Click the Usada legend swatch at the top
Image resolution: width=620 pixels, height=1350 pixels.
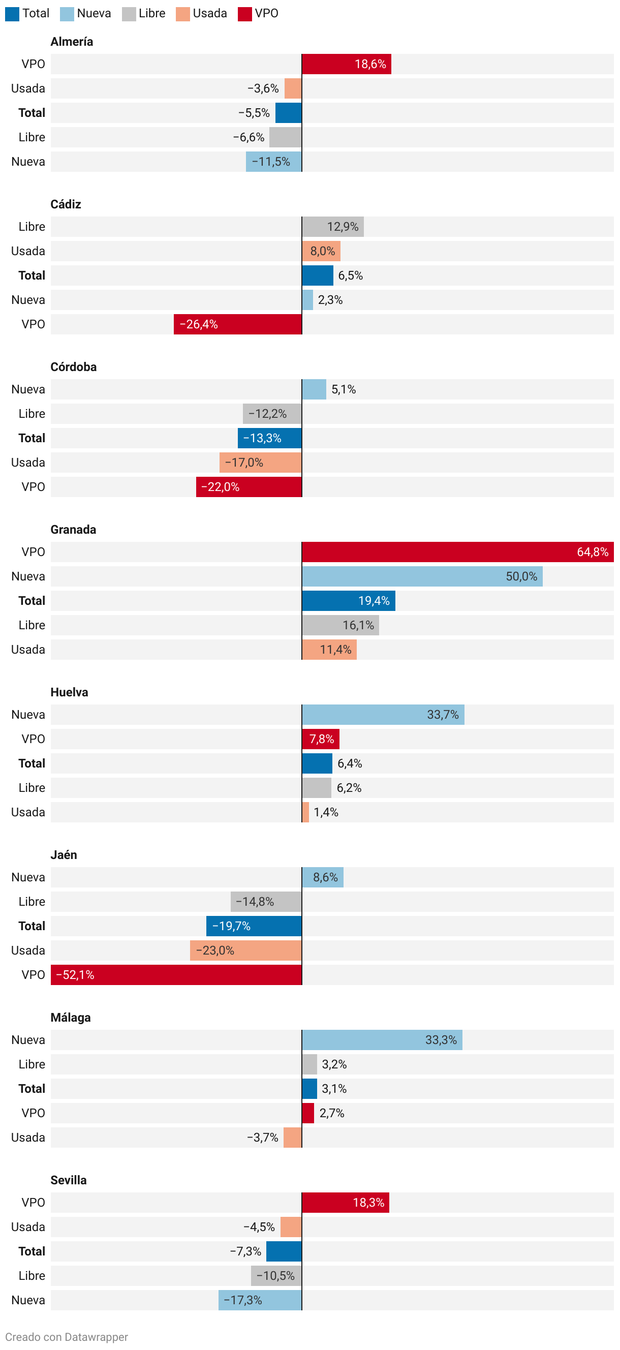[x=182, y=14]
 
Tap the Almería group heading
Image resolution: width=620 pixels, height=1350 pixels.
[x=72, y=42]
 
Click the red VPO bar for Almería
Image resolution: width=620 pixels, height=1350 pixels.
[x=346, y=64]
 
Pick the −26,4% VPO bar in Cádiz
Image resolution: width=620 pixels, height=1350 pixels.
[x=237, y=324]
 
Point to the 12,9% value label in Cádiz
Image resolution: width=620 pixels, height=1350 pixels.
[x=342, y=227]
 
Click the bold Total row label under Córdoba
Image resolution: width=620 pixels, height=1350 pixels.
[x=32, y=438]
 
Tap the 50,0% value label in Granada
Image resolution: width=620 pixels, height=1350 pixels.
[x=521, y=576]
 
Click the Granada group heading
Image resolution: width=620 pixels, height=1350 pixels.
[x=73, y=530]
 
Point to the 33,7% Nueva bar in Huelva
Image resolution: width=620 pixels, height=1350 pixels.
[x=383, y=715]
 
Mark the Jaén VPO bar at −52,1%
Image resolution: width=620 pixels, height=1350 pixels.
[x=176, y=975]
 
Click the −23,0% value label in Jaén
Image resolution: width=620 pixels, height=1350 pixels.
[x=215, y=950]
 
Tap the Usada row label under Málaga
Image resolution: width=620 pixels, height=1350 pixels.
[x=28, y=1137]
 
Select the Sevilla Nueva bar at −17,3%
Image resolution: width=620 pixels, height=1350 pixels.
[x=260, y=1300]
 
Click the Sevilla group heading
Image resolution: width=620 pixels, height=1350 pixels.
[x=69, y=1180]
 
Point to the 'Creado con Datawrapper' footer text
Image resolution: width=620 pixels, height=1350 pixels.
[x=67, y=1337]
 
